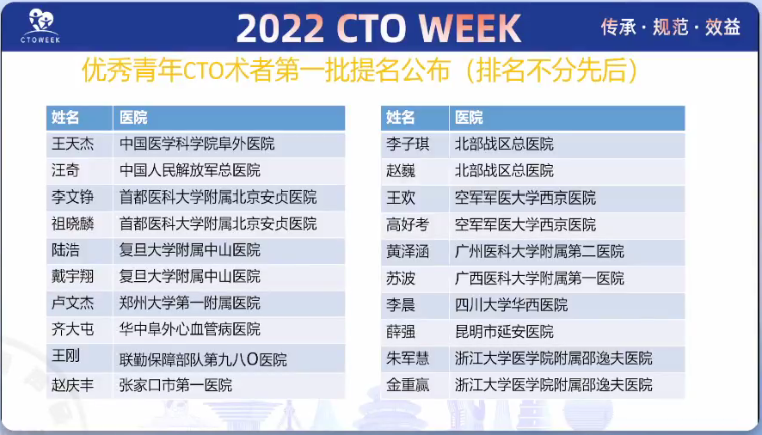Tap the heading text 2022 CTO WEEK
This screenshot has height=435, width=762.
point(378,28)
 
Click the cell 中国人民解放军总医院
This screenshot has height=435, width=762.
point(190,170)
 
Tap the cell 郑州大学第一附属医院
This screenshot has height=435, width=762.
point(190,303)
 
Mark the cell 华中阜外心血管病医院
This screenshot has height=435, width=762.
point(190,329)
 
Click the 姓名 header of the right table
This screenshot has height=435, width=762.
point(401,118)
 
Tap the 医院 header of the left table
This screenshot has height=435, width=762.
point(133,118)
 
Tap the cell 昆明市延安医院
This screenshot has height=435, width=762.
point(504,331)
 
